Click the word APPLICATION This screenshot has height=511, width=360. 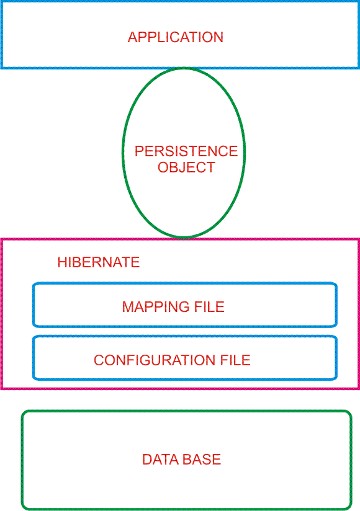pyautogui.click(x=176, y=37)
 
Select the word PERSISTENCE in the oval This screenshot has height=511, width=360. pyautogui.click(x=186, y=151)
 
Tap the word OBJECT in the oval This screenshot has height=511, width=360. pyautogui.click(x=186, y=167)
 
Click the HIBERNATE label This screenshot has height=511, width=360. pyautogui.click(x=99, y=262)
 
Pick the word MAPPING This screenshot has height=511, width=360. pyautogui.click(x=156, y=307)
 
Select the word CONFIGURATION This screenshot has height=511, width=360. pyautogui.click(x=154, y=360)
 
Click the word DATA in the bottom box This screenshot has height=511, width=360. pyautogui.click(x=160, y=460)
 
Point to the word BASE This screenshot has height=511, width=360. pyautogui.click(x=202, y=460)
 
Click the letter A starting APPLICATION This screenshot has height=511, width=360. pyautogui.click(x=132, y=37)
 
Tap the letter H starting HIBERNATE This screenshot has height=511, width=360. pyautogui.click(x=62, y=262)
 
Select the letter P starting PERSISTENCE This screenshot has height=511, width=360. pyautogui.click(x=139, y=151)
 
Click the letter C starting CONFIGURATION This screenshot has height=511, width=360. pyautogui.click(x=99, y=360)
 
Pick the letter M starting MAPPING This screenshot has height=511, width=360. pyautogui.click(x=128, y=307)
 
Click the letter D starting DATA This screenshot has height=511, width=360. pyautogui.click(x=146, y=460)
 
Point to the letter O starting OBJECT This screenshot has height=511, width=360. pyautogui.click(x=163, y=167)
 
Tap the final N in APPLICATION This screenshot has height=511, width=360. pyautogui.click(x=219, y=37)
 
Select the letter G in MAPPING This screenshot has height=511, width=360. pyautogui.click(x=184, y=307)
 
